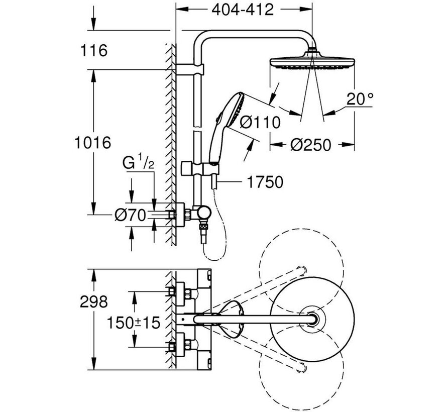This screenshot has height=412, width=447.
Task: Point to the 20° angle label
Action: click(x=360, y=99)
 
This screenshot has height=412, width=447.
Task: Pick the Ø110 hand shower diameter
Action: click(x=259, y=121)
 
